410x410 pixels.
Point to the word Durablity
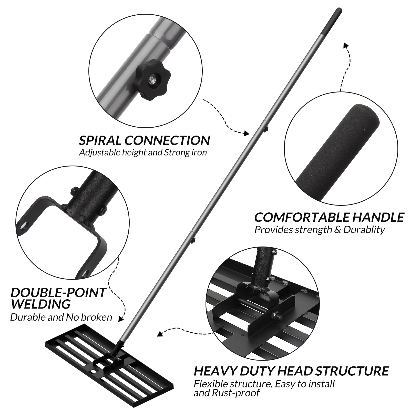pyautogui.click(x=364, y=230)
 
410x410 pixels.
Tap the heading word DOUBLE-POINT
pyautogui.click(x=58, y=293)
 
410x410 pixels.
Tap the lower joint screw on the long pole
pyautogui.click(x=193, y=240)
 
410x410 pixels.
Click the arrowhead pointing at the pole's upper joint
pyautogui.click(x=247, y=133)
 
